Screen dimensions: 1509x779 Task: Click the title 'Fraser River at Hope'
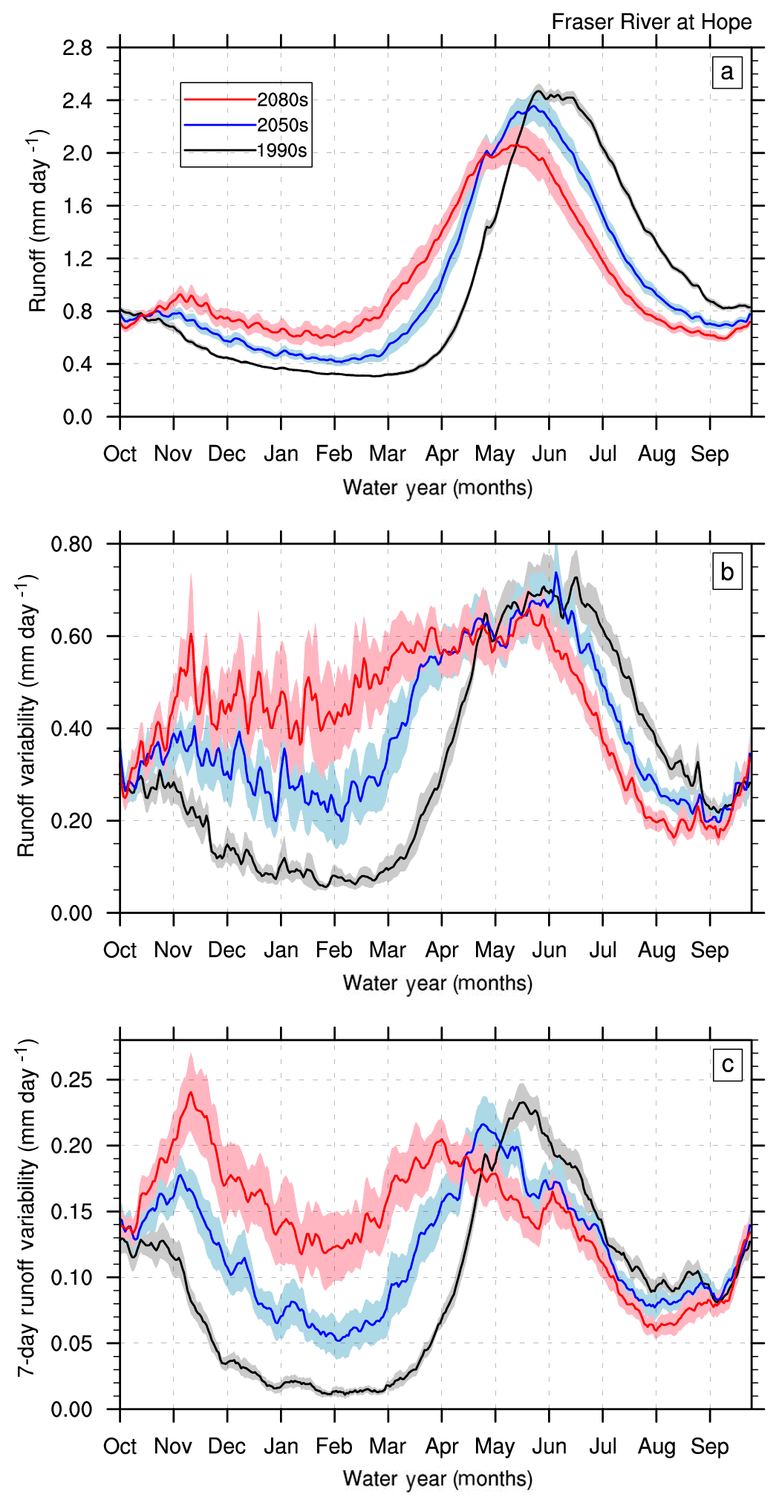651,22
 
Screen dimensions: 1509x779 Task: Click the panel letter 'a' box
726,72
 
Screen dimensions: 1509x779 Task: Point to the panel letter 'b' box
727,572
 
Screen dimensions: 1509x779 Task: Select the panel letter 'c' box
727,1065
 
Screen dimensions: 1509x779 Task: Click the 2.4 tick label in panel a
77,100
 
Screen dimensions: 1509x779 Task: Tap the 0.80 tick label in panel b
71,545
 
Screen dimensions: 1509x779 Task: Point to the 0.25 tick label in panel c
71,1080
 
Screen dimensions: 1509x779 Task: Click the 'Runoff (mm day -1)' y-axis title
37,221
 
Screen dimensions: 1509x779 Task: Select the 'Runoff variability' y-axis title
26,716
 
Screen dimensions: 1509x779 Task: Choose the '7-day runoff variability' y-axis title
26,1208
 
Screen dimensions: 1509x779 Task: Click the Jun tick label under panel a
549,454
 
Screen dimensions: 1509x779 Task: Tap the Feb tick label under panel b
334,950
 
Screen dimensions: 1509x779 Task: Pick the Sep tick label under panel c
709,1447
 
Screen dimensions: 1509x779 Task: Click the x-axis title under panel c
437,1479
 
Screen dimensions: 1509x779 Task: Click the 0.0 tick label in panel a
77,418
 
